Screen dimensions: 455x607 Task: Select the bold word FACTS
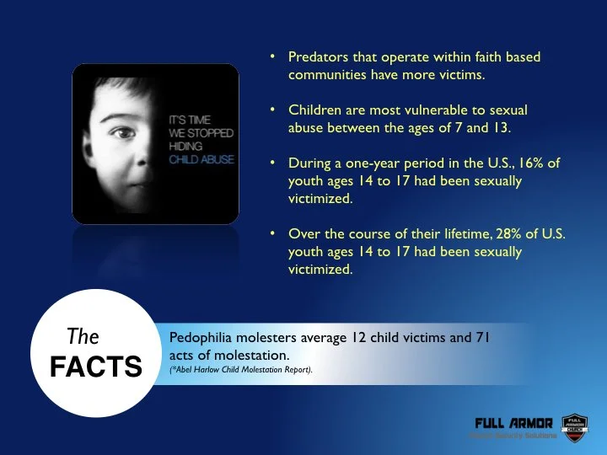(95, 367)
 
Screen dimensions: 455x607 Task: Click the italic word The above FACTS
(83, 338)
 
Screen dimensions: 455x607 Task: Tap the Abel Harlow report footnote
(241, 369)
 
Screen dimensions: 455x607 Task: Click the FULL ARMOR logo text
(514, 422)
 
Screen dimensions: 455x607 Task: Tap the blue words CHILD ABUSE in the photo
(201, 159)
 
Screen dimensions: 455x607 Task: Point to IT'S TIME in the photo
(190, 120)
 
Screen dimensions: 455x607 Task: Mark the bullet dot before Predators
(272, 57)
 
